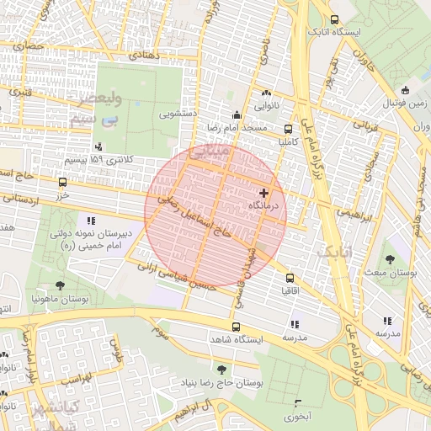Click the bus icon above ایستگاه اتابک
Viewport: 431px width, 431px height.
click(335, 20)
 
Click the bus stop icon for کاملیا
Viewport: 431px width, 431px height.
click(288, 130)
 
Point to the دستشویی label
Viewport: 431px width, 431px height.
click(179, 109)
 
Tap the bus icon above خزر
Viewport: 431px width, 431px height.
click(62, 182)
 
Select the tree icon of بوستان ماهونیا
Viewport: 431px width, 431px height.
click(59, 286)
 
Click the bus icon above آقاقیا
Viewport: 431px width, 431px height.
click(290, 277)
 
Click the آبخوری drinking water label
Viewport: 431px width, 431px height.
click(297, 416)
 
